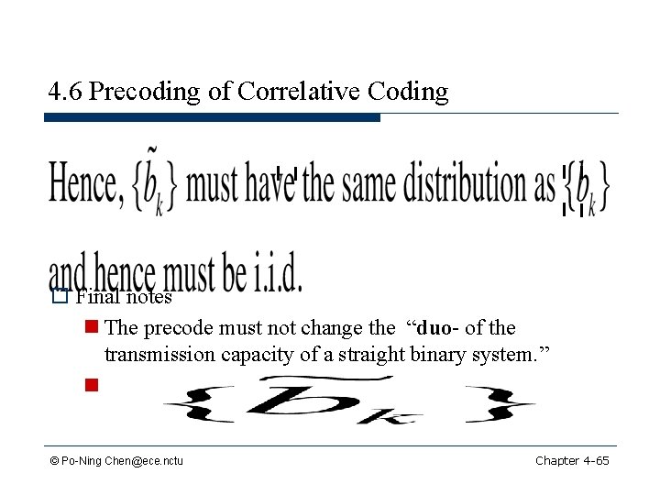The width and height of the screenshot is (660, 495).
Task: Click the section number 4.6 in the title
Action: point(65,92)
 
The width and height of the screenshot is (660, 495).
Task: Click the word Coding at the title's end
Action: point(408,92)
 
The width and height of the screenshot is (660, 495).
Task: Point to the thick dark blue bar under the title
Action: point(212,118)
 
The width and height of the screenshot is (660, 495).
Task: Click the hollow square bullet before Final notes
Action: point(60,296)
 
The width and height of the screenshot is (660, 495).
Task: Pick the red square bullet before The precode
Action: point(92,327)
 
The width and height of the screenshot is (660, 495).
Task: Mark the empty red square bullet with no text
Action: point(92,385)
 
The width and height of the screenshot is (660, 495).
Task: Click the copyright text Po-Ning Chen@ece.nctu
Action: point(116,460)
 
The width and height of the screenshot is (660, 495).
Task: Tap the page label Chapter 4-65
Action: point(572,460)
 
